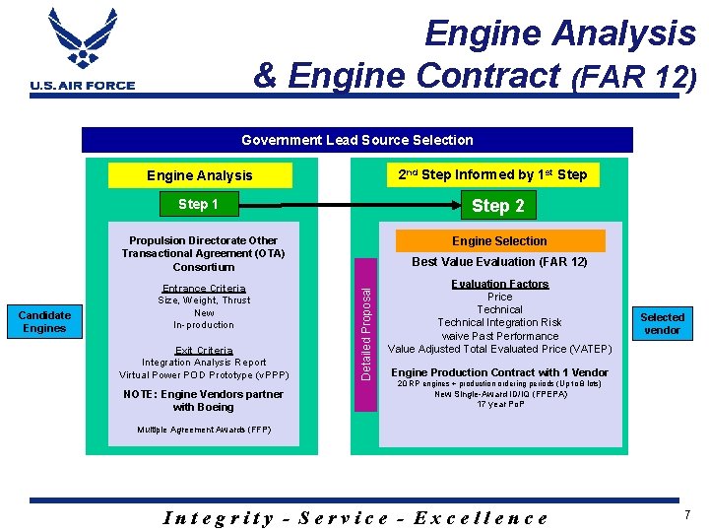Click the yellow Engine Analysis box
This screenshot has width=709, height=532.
[x=200, y=175]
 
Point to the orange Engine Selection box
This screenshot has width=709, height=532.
[x=499, y=240]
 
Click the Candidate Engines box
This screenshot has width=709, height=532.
[x=44, y=322]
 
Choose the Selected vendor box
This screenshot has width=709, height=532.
[x=662, y=323]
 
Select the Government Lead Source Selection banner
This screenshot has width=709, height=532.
[x=357, y=140]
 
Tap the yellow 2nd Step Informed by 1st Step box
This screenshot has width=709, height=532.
[x=491, y=174]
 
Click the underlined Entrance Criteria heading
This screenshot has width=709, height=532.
[x=204, y=289]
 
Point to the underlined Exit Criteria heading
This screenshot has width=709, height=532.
[x=204, y=350]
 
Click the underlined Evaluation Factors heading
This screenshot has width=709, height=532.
[x=500, y=284]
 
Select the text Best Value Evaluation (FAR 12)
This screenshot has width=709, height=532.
[x=499, y=262]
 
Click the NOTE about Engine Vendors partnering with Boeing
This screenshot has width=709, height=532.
[x=204, y=400]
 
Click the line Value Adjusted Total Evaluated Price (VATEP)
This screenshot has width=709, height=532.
[x=500, y=349]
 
